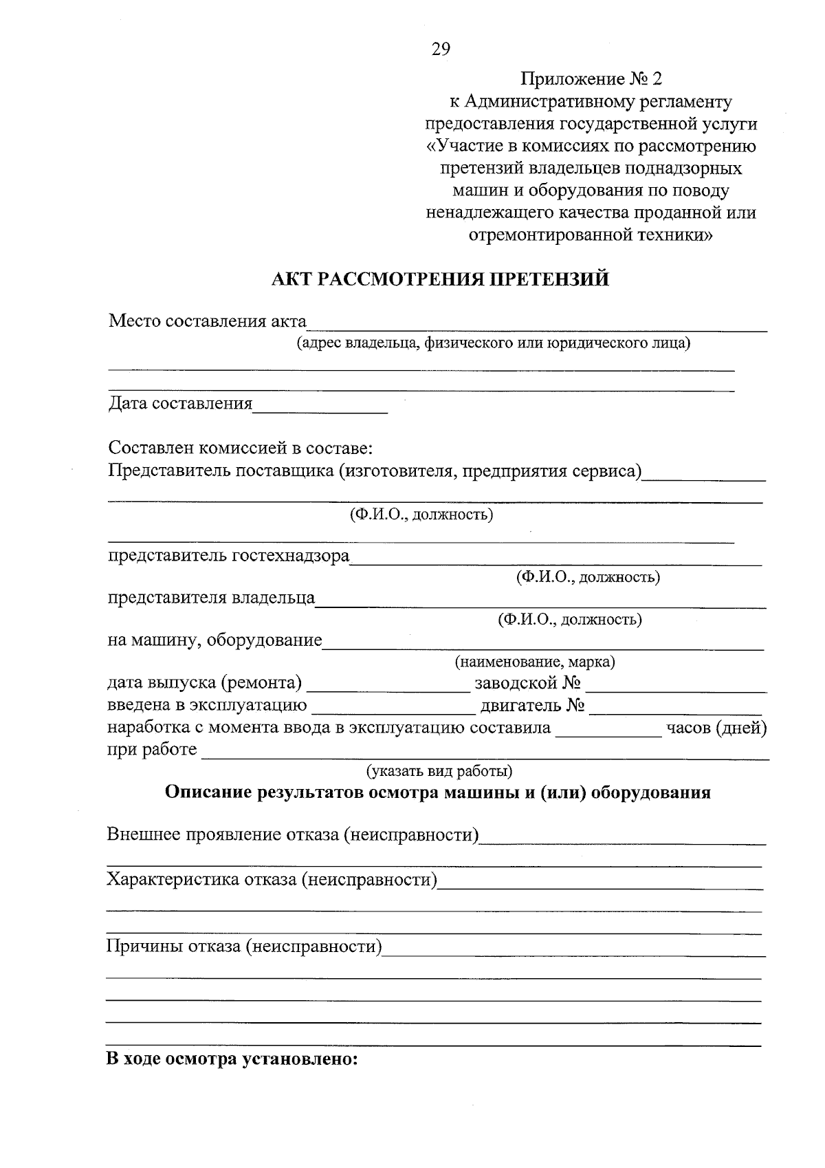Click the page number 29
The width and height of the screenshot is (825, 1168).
(x=441, y=48)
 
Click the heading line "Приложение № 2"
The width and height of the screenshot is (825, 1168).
(x=591, y=79)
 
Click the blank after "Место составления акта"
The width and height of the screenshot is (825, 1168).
(x=536, y=326)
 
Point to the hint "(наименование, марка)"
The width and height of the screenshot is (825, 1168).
(x=534, y=662)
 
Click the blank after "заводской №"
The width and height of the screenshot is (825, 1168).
(x=676, y=686)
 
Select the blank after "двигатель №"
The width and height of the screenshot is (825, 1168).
(x=676, y=709)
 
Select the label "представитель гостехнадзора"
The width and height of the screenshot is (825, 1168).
(x=228, y=555)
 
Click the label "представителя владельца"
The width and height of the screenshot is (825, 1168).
(x=211, y=598)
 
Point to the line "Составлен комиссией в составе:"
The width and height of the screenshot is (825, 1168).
(x=240, y=448)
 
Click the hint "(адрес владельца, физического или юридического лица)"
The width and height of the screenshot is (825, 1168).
(x=493, y=343)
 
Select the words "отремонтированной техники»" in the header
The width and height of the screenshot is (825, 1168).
(x=591, y=235)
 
